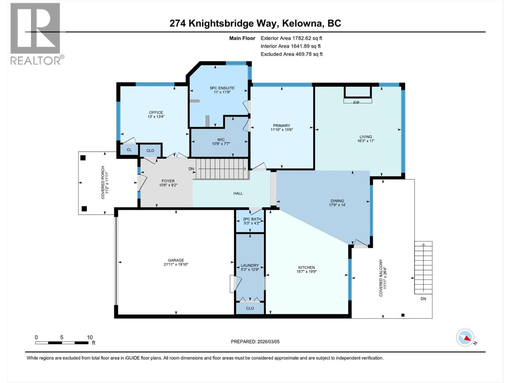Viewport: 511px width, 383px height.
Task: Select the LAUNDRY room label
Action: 250,265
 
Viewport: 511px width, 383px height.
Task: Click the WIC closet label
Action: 221,139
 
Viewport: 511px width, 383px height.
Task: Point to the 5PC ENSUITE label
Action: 222,88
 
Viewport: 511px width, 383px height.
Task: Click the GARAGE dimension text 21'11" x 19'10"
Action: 176,264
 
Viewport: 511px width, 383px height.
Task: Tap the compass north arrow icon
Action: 466,338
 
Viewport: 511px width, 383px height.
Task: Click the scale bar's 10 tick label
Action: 90,337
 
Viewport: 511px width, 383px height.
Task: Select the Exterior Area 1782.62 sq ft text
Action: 291,38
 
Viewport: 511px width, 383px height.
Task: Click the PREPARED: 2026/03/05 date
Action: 255,342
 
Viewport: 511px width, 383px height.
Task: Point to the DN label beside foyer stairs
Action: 191,169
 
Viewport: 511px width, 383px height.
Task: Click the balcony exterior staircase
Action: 423,267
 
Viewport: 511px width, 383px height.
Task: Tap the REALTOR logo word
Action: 36,61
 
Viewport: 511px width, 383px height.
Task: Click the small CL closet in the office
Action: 129,150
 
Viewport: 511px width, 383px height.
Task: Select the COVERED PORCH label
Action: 103,183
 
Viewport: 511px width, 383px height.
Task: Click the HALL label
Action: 238,193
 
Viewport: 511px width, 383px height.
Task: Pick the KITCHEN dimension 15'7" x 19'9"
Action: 306,272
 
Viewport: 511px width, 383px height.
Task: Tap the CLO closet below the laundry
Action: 250,308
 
